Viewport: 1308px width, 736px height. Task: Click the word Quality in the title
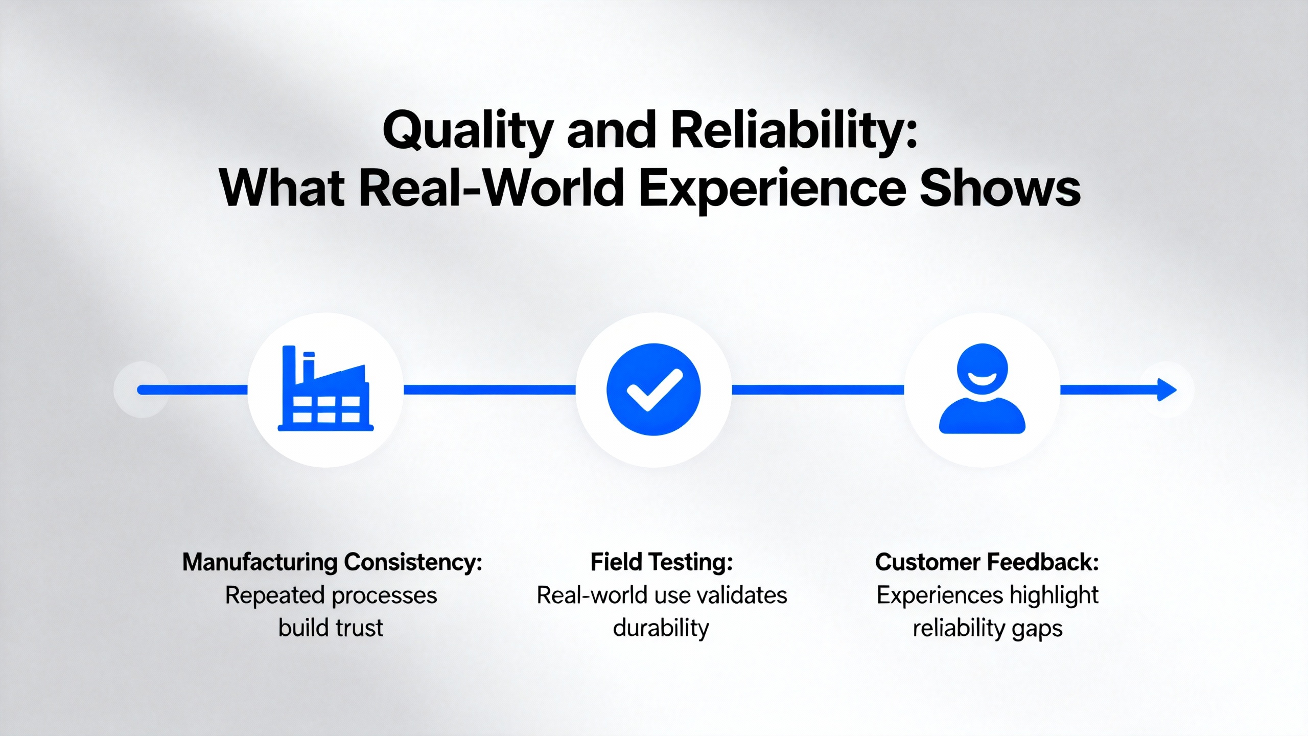[x=468, y=131]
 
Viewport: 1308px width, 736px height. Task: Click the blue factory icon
[x=325, y=388]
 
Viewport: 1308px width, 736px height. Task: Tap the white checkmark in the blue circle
[x=655, y=389]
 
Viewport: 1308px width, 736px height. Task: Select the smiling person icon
[x=982, y=388]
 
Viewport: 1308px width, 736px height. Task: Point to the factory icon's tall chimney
[x=289, y=365]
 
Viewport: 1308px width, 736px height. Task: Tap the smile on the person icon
[x=982, y=379]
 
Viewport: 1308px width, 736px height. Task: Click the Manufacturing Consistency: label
[x=333, y=562]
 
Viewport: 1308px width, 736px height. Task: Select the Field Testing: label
[x=662, y=562]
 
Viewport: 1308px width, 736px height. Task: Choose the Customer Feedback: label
[x=987, y=562]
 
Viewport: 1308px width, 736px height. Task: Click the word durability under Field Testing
[x=661, y=628]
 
